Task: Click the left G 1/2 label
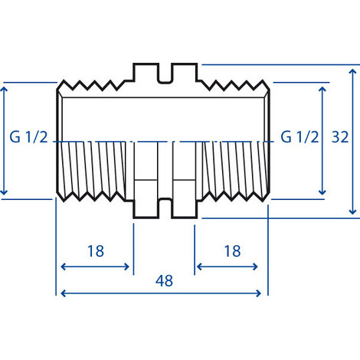31,139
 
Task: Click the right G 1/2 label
299,139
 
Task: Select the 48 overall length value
163,280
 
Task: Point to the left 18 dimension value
95,250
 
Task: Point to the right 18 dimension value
231,250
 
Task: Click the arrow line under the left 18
95,267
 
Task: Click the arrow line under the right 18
231,267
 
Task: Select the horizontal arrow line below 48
162,293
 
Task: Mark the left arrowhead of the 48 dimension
62,293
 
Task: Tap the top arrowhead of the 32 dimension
352,70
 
